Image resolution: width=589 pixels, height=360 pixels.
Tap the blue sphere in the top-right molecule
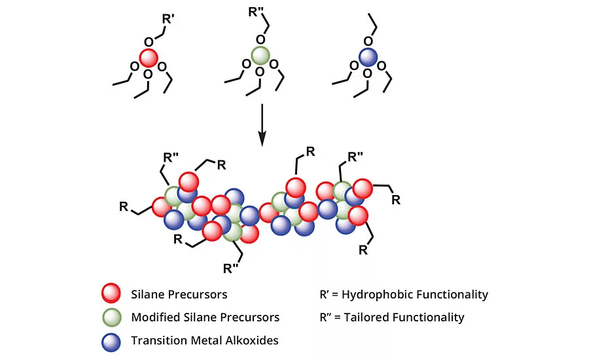coord(368,58)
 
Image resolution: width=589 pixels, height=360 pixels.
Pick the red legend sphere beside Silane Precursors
coord(111,294)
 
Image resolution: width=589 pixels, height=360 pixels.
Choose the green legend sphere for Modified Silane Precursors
coord(111,317)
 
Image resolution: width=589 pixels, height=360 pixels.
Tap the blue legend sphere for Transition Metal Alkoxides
coord(111,340)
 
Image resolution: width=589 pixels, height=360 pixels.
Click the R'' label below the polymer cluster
coord(232,268)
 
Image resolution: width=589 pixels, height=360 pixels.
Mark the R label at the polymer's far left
coord(123,207)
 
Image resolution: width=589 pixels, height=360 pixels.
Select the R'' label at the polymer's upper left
coord(172,158)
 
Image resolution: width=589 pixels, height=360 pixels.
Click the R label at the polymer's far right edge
coord(395,200)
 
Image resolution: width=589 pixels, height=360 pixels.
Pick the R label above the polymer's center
coord(310,152)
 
